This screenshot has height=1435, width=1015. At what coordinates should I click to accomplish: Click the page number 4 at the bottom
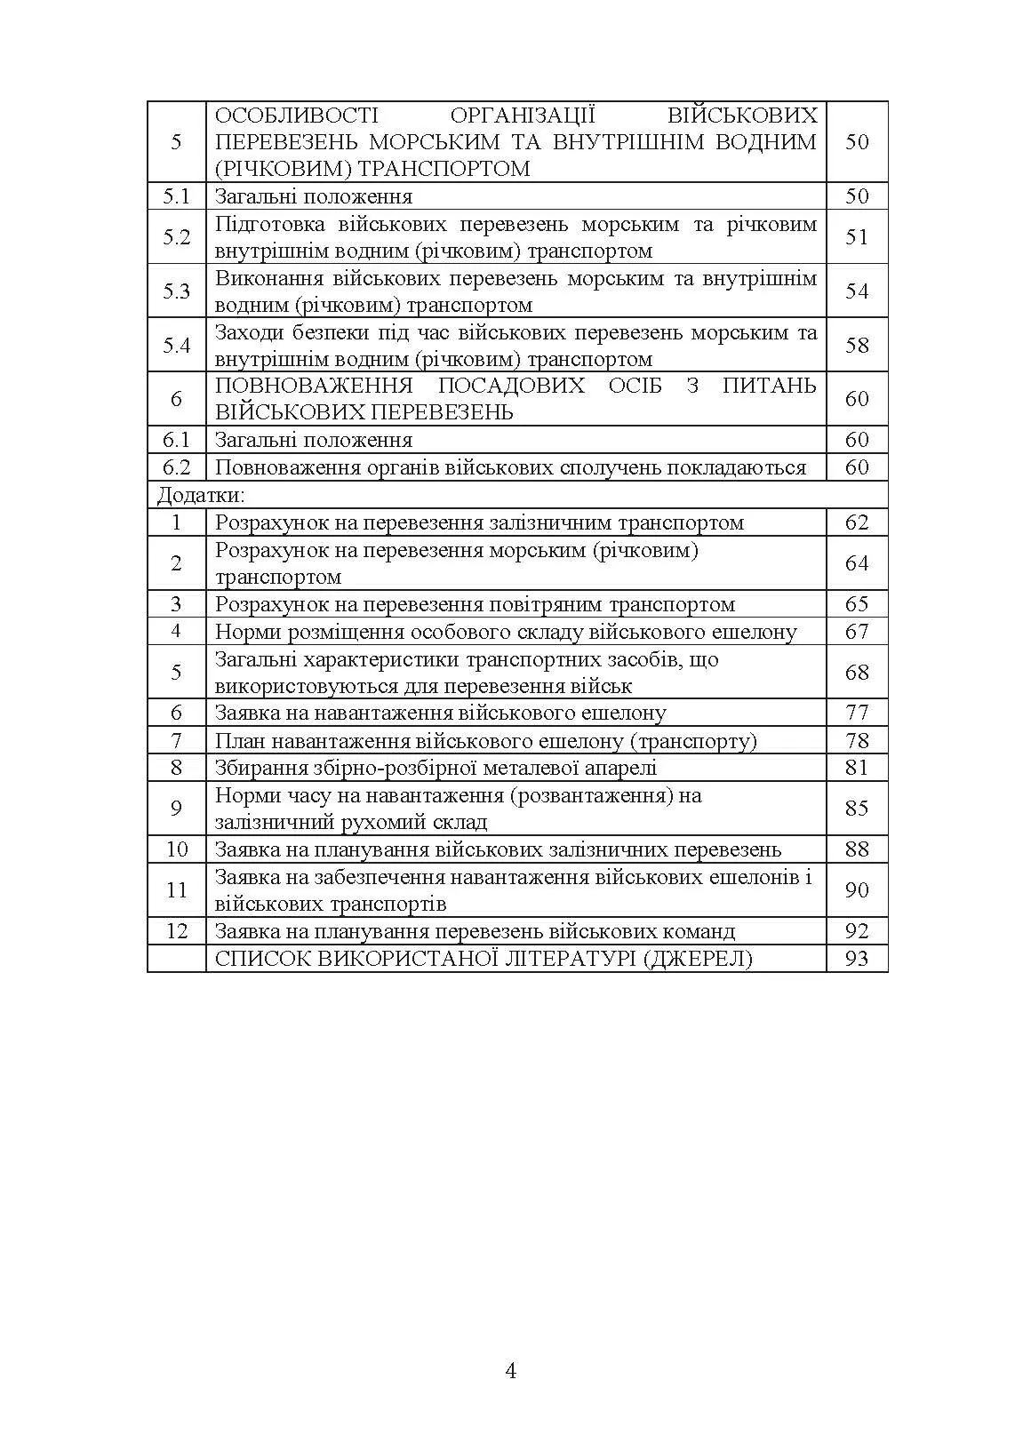pyautogui.click(x=510, y=1370)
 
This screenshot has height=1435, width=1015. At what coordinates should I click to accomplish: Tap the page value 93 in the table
pyautogui.click(x=857, y=958)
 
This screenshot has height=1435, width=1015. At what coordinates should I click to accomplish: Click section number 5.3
pyautogui.click(x=176, y=291)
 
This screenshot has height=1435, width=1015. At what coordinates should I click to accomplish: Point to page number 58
pyautogui.click(x=857, y=346)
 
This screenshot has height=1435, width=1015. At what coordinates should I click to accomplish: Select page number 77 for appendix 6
pyautogui.click(x=857, y=713)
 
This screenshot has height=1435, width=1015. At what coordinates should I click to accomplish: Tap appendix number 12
pyautogui.click(x=177, y=930)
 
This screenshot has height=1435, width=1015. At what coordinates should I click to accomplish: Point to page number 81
pyautogui.click(x=857, y=768)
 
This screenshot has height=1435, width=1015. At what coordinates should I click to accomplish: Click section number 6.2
pyautogui.click(x=176, y=467)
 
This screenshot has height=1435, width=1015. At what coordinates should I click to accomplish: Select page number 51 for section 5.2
pyautogui.click(x=857, y=237)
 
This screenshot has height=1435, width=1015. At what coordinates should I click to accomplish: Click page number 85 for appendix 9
pyautogui.click(x=857, y=809)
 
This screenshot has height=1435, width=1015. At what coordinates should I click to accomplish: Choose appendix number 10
pyautogui.click(x=177, y=849)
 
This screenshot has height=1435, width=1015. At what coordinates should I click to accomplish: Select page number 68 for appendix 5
pyautogui.click(x=857, y=673)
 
